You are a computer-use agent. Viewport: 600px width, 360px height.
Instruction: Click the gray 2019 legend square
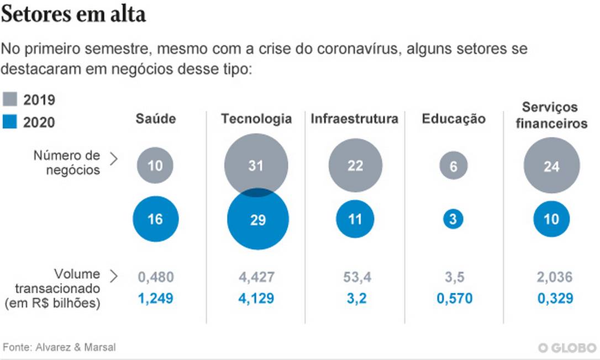click(x=10, y=100)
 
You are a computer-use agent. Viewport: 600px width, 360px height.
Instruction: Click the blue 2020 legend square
click(x=10, y=121)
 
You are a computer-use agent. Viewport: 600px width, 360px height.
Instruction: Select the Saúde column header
click(x=155, y=119)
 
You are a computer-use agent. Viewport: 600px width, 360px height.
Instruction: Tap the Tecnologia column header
click(x=256, y=119)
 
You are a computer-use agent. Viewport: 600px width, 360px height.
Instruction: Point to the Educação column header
click(x=454, y=119)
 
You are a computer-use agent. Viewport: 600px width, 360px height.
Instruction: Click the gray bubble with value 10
click(x=155, y=165)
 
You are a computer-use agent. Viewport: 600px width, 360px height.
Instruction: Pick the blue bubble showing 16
click(x=155, y=219)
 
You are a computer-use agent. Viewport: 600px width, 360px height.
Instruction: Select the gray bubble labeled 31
click(x=256, y=160)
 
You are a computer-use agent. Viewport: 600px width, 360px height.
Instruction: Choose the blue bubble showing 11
click(x=355, y=219)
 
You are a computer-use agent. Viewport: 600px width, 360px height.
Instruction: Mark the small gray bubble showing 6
click(x=454, y=165)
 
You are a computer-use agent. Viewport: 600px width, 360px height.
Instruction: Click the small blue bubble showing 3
click(x=453, y=219)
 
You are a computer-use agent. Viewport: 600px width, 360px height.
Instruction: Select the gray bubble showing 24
click(x=551, y=165)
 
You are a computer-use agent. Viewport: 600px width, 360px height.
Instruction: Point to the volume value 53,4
click(x=355, y=277)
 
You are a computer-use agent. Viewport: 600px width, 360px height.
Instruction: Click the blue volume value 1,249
click(x=155, y=299)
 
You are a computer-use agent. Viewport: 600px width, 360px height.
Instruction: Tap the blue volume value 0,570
click(x=454, y=299)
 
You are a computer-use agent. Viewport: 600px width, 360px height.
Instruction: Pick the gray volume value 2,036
click(x=554, y=277)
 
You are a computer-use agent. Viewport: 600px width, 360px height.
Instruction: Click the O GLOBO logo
click(x=567, y=348)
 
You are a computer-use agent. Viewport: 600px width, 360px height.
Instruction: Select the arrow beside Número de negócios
click(x=114, y=160)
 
